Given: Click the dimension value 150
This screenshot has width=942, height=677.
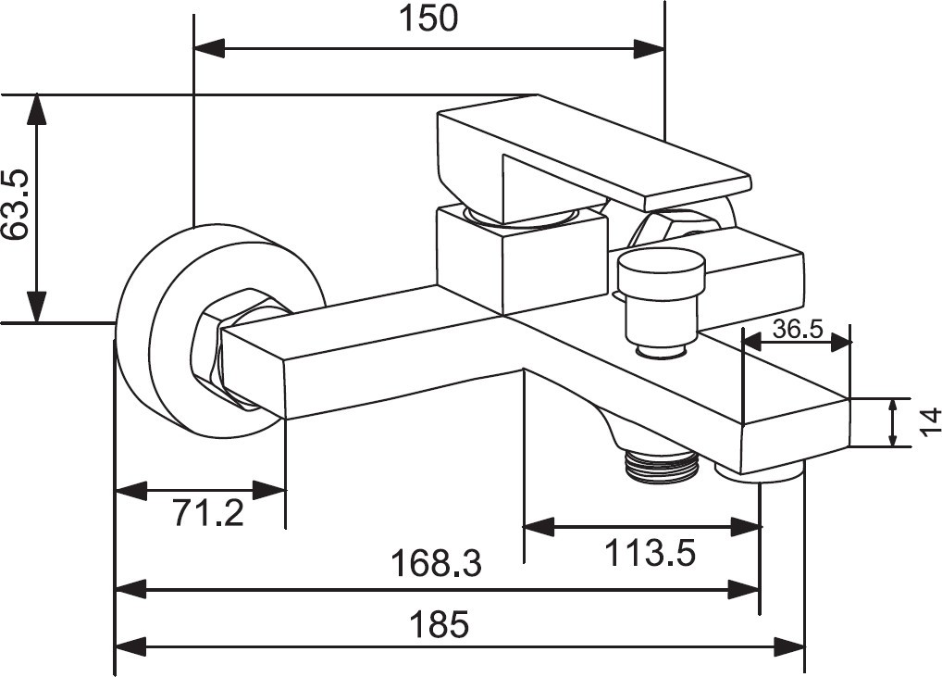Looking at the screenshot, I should click(428, 18).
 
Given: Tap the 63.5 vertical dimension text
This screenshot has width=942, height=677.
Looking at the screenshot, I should click(19, 206).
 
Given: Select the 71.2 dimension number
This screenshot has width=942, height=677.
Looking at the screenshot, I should click(208, 511).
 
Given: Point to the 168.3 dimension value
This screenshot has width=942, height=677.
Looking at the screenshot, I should click(436, 563).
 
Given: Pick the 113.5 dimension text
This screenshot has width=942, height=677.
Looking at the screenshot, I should click(650, 554).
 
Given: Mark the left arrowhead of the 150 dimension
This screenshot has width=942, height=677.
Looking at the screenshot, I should click(209, 48).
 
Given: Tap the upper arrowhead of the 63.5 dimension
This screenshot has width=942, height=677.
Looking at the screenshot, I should click(36, 109).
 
